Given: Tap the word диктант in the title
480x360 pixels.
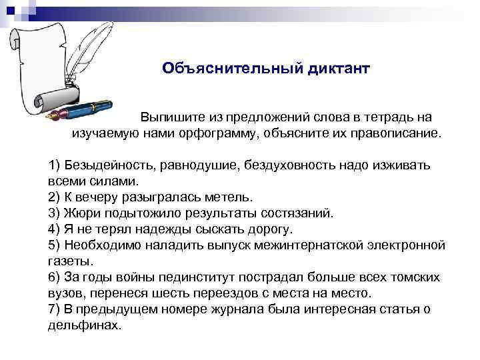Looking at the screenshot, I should point(337,69).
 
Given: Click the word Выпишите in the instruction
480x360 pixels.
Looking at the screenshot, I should point(166,117).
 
